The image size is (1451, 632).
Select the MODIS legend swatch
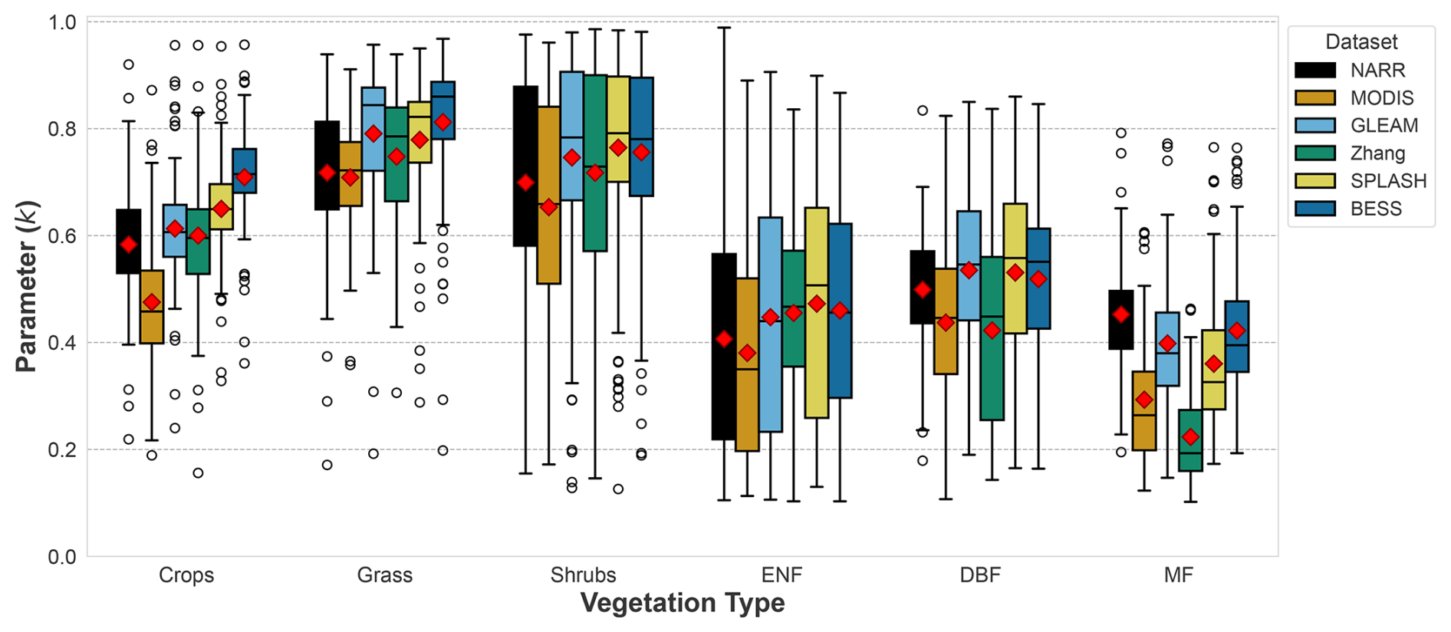(x=1315, y=98)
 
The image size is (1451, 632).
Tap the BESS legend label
(x=1376, y=209)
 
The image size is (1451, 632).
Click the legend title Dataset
(x=1361, y=42)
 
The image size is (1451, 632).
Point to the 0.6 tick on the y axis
(x=62, y=235)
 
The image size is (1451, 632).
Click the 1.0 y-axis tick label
(x=62, y=22)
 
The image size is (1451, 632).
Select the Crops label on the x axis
(x=186, y=575)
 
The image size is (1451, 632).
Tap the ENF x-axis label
(x=781, y=575)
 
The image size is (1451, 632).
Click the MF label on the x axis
(x=1178, y=575)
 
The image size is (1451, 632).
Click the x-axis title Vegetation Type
(x=683, y=604)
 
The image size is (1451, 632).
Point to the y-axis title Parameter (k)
(x=27, y=287)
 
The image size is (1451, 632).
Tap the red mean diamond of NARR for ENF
(x=724, y=338)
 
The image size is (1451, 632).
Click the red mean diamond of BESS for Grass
(x=443, y=122)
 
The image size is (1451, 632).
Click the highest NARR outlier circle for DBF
(x=923, y=110)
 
